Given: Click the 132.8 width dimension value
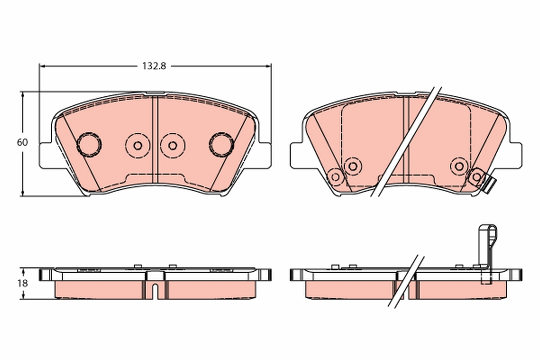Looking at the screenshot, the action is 154,66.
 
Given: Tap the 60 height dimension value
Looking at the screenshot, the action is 22,142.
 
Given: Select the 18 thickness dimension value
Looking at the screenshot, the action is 22,283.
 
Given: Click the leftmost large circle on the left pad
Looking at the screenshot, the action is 89,145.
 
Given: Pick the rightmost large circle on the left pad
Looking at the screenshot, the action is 221,145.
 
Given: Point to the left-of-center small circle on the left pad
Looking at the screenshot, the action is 138,146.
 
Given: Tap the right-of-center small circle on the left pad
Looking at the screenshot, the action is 173,146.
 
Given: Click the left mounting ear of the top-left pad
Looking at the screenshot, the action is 46,156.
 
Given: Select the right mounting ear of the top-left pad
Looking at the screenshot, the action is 265,156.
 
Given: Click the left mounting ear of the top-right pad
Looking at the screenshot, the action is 297,156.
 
